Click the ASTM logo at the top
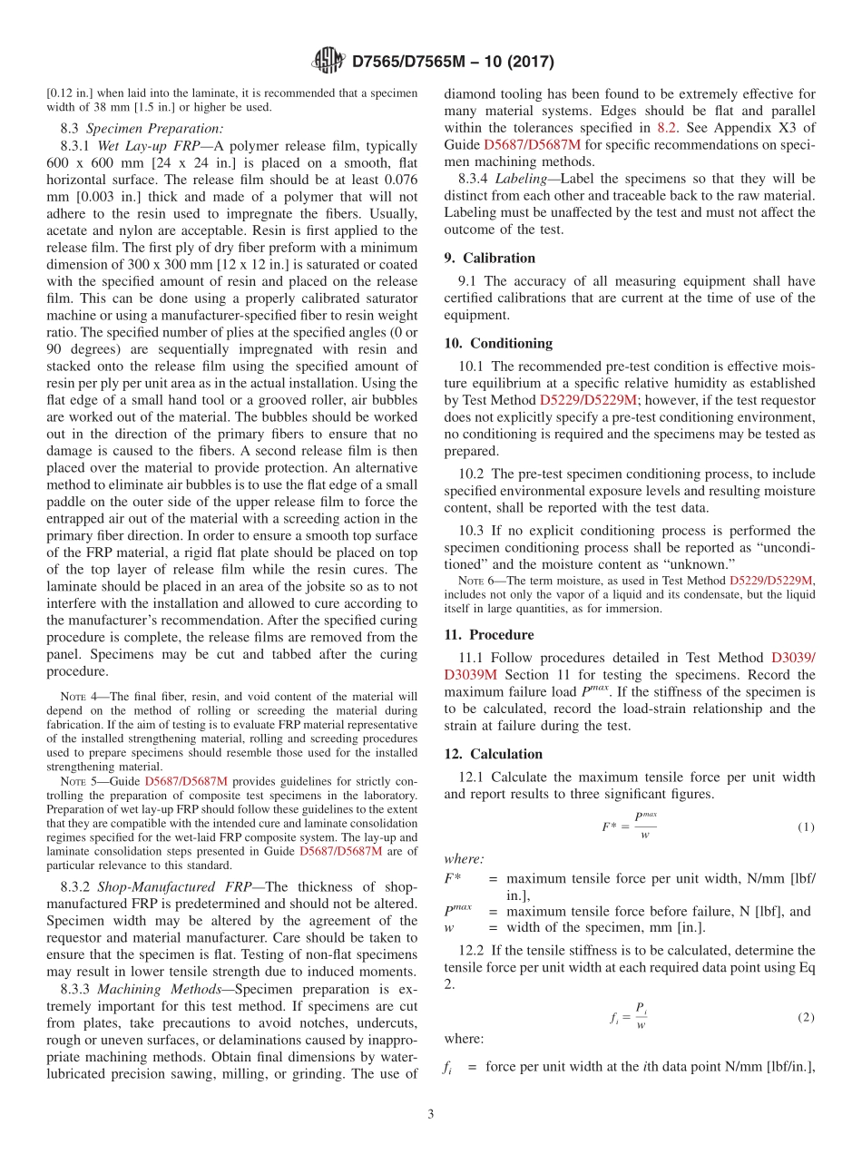(328, 62)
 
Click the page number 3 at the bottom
(430, 1113)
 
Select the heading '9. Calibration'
(489, 258)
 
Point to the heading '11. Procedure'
(489, 634)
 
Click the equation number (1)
(806, 826)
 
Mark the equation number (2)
(806, 1017)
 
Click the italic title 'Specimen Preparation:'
(155, 128)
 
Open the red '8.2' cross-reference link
(667, 127)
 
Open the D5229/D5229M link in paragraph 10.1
(588, 399)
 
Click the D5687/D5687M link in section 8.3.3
(532, 144)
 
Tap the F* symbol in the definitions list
(452, 878)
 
